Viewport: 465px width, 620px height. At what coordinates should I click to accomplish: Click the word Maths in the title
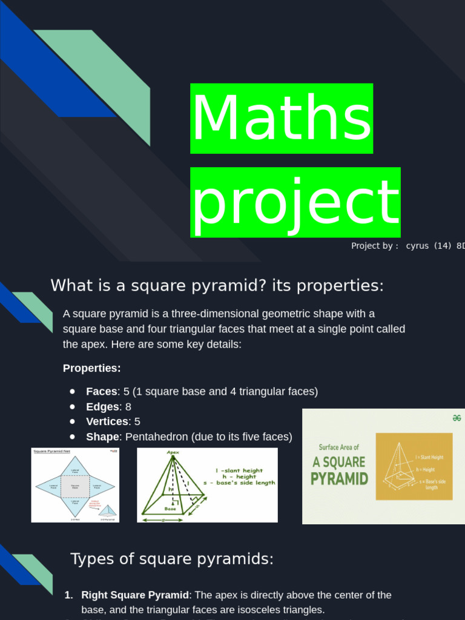click(x=282, y=119)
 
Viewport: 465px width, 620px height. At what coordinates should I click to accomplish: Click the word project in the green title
click(x=295, y=202)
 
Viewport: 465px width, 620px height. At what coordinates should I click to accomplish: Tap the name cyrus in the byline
click(x=417, y=246)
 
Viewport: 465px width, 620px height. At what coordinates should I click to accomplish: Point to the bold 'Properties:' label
click(x=92, y=368)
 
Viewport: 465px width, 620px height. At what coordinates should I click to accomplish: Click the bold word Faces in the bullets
click(x=102, y=392)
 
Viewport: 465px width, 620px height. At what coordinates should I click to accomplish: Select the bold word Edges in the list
click(x=102, y=407)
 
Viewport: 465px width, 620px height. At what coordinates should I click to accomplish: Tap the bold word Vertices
click(x=107, y=421)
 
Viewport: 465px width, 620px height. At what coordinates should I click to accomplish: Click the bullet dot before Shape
click(x=73, y=437)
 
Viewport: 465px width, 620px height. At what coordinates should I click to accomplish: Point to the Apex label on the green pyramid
click(x=173, y=452)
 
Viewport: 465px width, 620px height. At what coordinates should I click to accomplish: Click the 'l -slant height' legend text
click(x=239, y=470)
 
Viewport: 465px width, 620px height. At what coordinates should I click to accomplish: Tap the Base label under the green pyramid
click(x=170, y=509)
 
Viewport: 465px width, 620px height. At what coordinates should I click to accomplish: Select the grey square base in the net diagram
click(x=75, y=486)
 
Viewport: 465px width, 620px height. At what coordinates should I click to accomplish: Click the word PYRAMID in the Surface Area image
click(x=339, y=479)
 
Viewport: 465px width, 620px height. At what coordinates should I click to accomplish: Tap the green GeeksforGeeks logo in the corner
click(x=457, y=418)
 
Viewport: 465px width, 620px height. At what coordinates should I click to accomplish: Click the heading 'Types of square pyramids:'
click(x=172, y=559)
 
